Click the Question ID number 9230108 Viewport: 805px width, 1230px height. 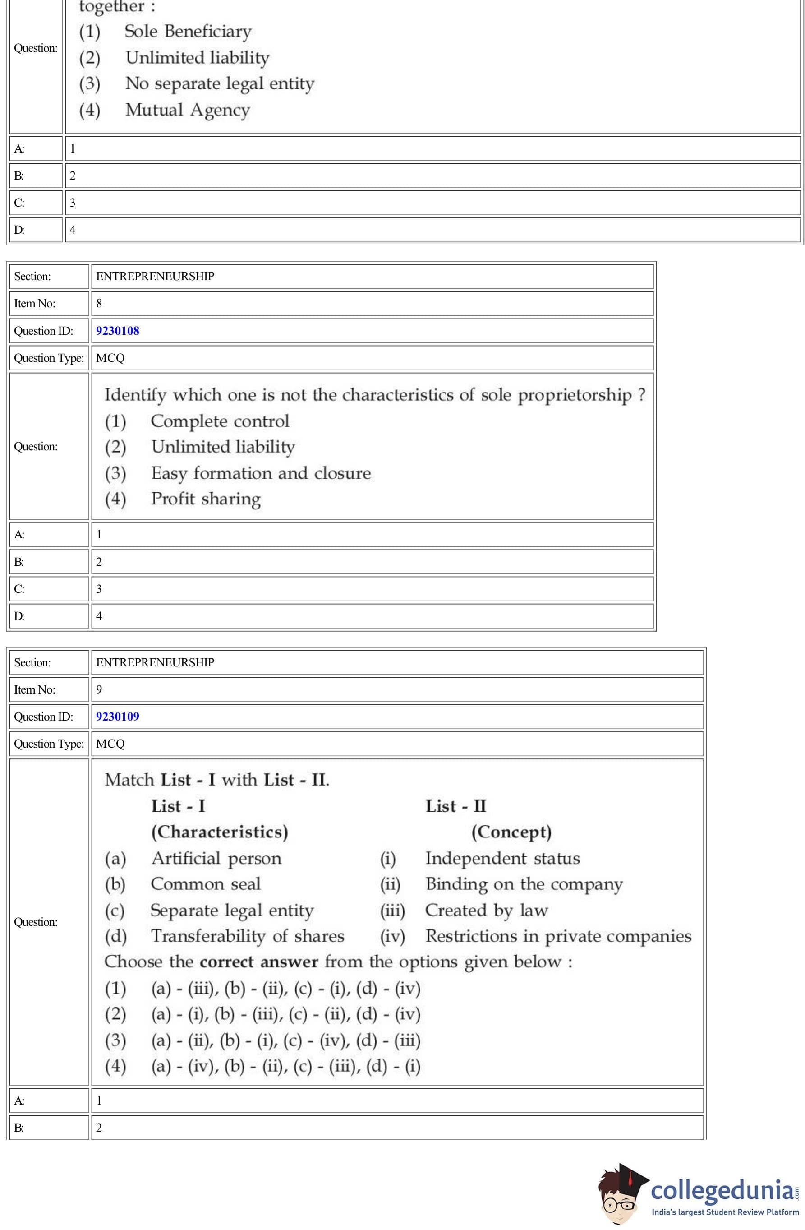click(117, 331)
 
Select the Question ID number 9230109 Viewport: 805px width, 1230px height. click(117, 716)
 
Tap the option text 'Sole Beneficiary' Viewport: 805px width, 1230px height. click(188, 32)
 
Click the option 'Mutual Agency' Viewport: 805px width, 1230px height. click(188, 110)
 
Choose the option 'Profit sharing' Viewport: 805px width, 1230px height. click(206, 499)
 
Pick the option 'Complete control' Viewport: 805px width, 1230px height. click(220, 421)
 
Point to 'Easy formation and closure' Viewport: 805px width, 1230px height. click(261, 473)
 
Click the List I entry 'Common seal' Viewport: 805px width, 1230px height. click(206, 884)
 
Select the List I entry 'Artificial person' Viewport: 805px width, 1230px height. click(216, 858)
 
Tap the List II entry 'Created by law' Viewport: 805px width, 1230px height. click(486, 910)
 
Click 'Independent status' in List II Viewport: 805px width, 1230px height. click(502, 858)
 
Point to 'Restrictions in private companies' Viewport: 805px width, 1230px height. click(558, 936)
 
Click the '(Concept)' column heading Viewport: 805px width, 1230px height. click(511, 832)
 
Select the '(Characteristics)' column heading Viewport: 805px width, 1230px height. click(220, 832)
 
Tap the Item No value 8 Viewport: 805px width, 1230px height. click(99, 303)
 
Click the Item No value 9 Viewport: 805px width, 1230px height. click(99, 689)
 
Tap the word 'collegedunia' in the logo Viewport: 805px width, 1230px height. click(722, 1190)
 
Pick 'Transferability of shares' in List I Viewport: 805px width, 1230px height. click(248, 936)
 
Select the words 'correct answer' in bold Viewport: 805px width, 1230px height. click(258, 962)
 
